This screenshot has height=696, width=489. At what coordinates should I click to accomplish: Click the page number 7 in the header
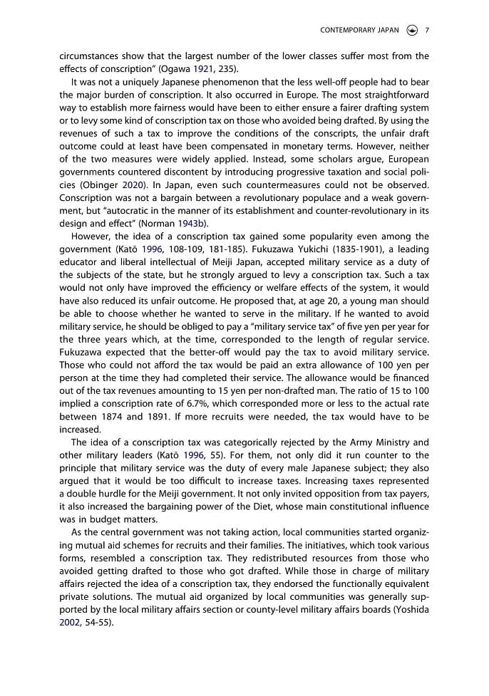click(x=426, y=30)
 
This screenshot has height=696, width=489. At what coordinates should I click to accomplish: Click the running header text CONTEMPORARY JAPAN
click(x=360, y=30)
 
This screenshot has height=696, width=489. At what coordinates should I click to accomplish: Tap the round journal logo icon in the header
click(x=412, y=30)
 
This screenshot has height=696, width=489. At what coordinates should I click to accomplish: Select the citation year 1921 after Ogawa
click(x=203, y=69)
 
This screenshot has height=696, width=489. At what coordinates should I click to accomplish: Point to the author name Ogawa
click(x=174, y=69)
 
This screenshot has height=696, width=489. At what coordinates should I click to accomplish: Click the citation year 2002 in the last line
click(x=71, y=622)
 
